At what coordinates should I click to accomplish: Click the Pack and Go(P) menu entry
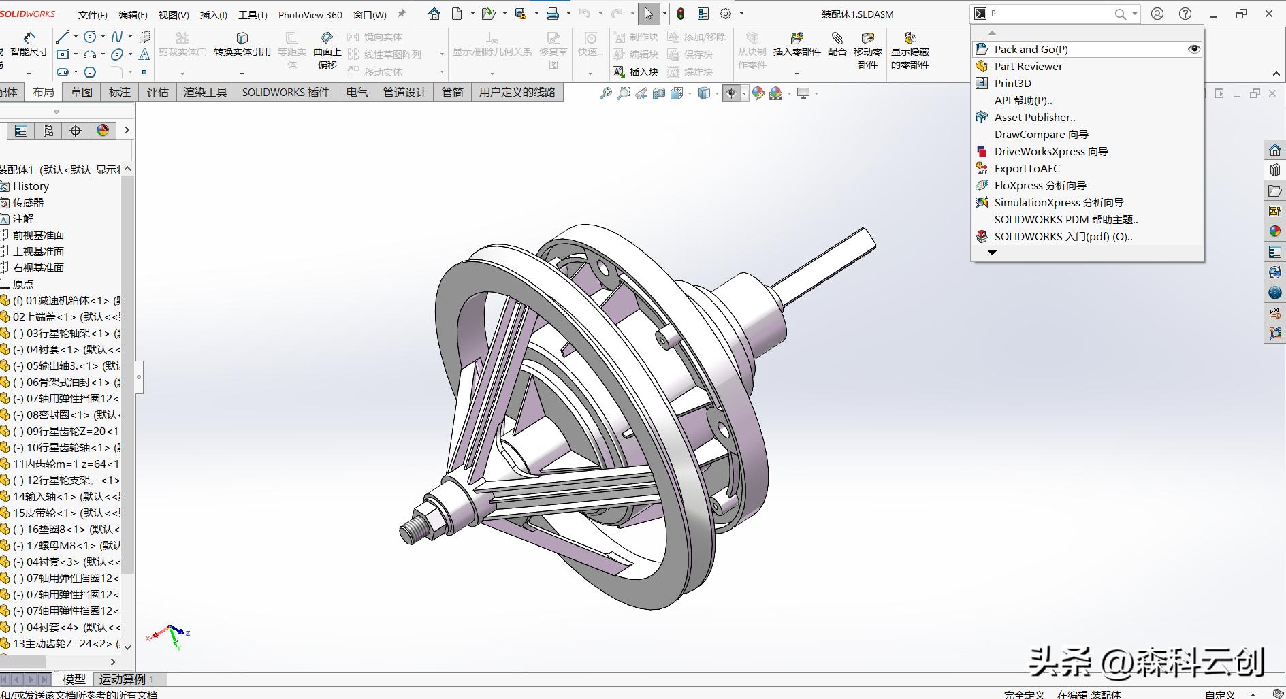(1031, 49)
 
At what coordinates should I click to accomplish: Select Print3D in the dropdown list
(1012, 83)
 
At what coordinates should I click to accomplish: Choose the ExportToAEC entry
(1027, 168)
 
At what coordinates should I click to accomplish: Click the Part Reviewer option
(1028, 66)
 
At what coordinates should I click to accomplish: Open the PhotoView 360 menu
(310, 14)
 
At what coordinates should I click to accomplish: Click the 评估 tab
(157, 92)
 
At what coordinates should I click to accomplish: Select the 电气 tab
(357, 92)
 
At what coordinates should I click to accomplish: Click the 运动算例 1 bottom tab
(127, 679)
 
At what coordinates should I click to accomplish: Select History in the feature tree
(31, 186)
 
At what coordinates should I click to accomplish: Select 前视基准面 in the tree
(38, 235)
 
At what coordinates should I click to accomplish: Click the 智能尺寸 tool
(29, 44)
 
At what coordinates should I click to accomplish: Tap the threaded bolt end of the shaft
(412, 531)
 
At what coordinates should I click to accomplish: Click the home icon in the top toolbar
(434, 14)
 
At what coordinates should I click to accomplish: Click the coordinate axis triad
(170, 635)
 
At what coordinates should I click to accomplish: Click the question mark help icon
(1185, 14)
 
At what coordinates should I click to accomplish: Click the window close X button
(1269, 14)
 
